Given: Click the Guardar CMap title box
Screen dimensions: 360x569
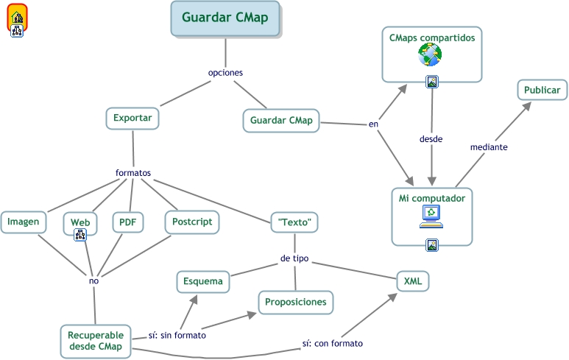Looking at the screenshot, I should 225,18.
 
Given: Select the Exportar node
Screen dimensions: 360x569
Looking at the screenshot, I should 132,119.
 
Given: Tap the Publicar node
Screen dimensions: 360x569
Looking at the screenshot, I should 542,91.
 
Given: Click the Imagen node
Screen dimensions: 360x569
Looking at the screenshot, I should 24,222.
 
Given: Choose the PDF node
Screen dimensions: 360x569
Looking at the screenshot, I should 128,222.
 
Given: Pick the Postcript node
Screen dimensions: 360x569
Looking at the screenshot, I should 191,222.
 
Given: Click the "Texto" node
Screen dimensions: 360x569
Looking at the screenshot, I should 295,222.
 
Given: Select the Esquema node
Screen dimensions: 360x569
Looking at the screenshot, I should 203,281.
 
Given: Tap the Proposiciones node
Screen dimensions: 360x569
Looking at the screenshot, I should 295,302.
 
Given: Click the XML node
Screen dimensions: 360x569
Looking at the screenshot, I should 412,280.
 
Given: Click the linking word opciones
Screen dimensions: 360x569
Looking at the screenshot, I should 225,73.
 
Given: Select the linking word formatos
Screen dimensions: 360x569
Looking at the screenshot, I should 133,173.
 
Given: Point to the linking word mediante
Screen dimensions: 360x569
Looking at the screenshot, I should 489,147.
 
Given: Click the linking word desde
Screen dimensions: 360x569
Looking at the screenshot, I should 431,138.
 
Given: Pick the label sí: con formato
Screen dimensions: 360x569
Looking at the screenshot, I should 332,343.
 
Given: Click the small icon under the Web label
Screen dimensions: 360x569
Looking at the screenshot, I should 80,234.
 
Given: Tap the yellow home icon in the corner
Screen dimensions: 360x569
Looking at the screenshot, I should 17,16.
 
